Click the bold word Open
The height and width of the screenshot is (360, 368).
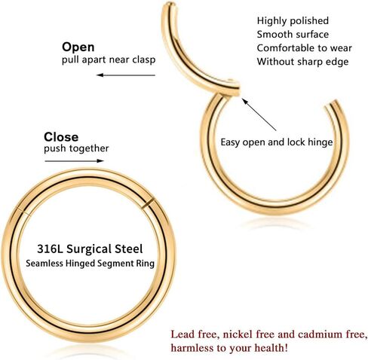(78, 47)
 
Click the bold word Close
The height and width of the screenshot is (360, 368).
(61, 137)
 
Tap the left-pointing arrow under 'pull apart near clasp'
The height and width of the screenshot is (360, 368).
(126, 75)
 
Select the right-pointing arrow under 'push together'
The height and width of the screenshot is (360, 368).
(74, 161)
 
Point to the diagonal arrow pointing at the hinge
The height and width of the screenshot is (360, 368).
(259, 114)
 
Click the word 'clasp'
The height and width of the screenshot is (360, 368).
(144, 60)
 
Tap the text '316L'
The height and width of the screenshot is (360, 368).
(50, 249)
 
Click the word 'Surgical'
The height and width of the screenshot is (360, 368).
(89, 249)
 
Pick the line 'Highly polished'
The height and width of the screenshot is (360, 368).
(293, 21)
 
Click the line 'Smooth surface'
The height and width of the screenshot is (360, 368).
(293, 35)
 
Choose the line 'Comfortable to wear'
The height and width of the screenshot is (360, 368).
(304, 48)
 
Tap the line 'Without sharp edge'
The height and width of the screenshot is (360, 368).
(302, 62)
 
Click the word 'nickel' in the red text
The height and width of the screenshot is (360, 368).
(238, 334)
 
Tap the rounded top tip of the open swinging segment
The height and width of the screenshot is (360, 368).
(170, 5)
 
